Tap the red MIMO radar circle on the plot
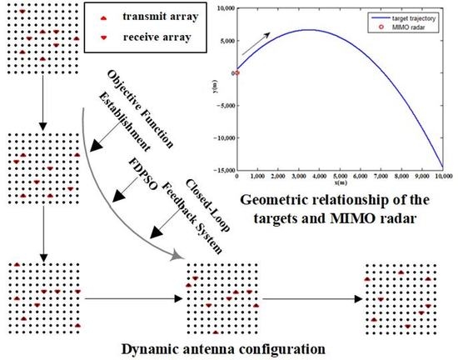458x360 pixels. coord(237,72)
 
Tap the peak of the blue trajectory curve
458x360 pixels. coord(308,30)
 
